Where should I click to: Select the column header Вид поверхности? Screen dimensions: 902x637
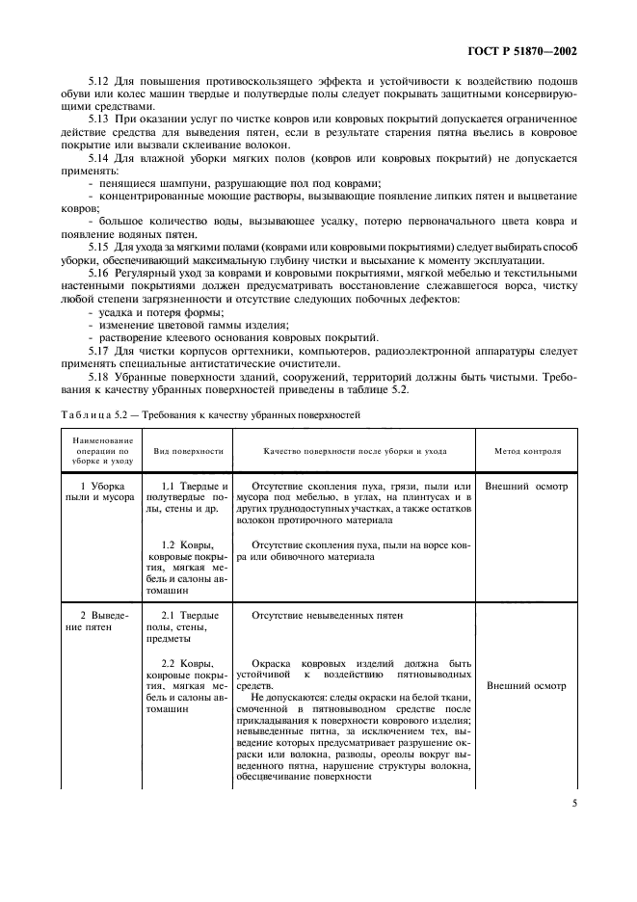click(x=189, y=451)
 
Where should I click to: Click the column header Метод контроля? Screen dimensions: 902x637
click(x=528, y=451)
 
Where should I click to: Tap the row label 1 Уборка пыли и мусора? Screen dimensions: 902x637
click(x=94, y=493)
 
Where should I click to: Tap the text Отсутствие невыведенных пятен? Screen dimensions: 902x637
click(x=326, y=614)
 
